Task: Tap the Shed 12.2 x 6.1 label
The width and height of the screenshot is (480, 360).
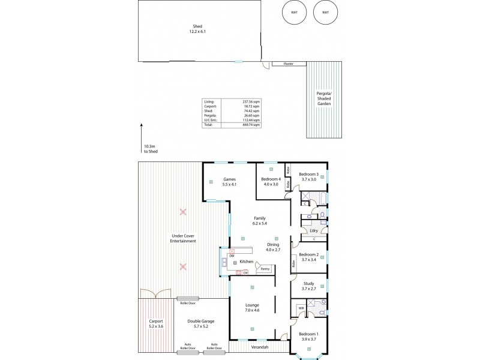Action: [197, 29]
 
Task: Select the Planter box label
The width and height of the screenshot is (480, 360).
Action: [288, 64]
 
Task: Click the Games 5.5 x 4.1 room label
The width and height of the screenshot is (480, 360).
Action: [230, 182]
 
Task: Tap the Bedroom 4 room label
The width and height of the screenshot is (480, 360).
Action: [271, 182]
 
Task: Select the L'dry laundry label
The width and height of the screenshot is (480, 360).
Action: [314, 230]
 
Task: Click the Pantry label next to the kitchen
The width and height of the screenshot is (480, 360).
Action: [265, 269]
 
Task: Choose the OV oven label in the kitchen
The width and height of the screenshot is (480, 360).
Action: [245, 272]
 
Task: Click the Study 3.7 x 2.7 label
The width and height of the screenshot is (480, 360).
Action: [309, 286]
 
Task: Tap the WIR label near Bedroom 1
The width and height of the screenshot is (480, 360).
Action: [301, 308]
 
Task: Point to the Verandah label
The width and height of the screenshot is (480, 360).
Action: [259, 347]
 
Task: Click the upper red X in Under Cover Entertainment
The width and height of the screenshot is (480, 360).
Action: [183, 212]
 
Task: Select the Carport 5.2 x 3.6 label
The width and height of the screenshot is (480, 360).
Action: [155, 324]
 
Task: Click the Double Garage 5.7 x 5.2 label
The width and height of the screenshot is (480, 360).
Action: [200, 324]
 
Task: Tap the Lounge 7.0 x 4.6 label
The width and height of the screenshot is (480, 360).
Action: [253, 307]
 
